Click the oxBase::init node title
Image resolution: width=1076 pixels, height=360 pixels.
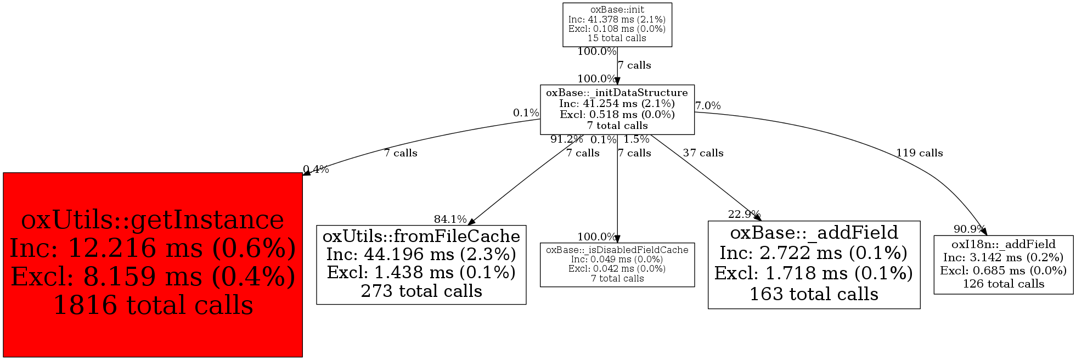(617, 9)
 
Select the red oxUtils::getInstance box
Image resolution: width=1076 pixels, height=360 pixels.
(153, 265)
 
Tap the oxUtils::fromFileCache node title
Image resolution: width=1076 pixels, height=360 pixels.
(421, 236)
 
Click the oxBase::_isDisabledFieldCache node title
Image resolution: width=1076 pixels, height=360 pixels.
(617, 250)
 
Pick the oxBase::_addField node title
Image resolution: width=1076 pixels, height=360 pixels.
(814, 233)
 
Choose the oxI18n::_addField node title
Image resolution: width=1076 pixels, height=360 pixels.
(1004, 244)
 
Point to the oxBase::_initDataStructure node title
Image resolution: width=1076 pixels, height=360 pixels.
(617, 93)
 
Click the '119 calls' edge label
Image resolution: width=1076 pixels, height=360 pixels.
(920, 153)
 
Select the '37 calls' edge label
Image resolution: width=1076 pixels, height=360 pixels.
(703, 153)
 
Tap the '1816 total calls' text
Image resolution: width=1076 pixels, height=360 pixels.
(153, 305)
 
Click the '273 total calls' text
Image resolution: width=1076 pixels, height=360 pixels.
(421, 291)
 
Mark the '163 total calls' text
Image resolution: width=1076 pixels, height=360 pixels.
(814, 294)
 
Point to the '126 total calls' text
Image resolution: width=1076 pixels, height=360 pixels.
(1004, 284)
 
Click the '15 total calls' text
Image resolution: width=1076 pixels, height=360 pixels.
(617, 38)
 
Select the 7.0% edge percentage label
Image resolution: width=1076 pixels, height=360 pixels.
(708, 106)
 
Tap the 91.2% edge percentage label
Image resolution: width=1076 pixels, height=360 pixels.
(567, 139)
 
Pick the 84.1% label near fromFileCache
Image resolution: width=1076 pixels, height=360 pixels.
(450, 220)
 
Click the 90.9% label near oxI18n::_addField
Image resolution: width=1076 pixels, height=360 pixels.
(970, 229)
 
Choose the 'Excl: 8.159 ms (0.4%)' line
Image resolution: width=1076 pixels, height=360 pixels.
(153, 277)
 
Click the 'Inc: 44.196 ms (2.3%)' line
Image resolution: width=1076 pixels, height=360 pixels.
(421, 254)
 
